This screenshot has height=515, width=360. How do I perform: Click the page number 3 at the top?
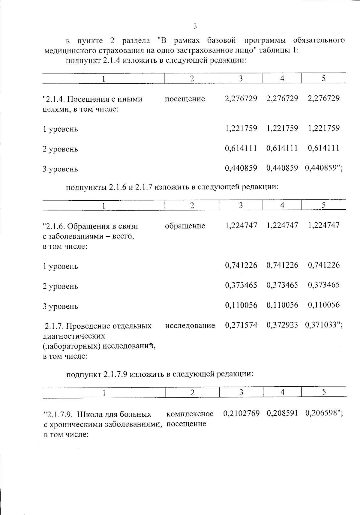point(195,26)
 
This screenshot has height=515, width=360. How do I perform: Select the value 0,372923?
point(282,325)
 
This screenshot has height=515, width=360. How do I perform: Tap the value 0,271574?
point(241,325)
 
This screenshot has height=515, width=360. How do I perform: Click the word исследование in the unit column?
point(190,325)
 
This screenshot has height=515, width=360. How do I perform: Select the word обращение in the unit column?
point(185,226)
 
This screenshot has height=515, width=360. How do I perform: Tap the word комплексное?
point(190,414)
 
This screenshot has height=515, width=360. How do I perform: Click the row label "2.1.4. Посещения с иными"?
point(93,99)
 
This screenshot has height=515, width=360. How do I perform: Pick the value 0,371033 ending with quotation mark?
point(323,325)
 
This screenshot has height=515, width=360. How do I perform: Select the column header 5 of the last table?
point(324,392)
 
